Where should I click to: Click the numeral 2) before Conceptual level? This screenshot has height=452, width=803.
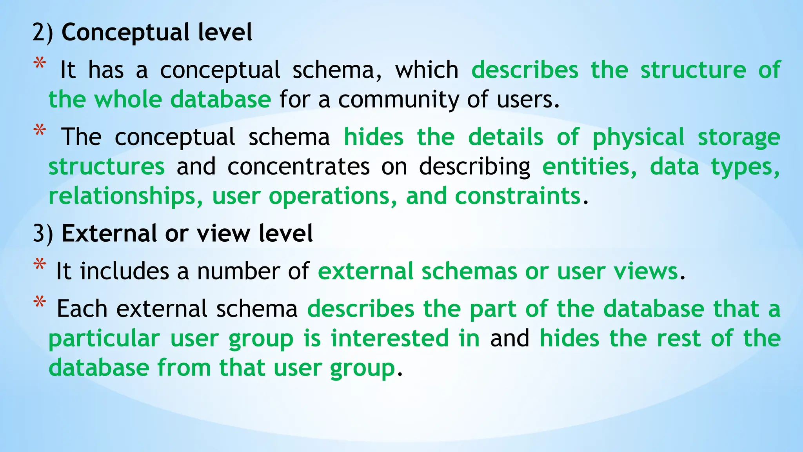[42, 33]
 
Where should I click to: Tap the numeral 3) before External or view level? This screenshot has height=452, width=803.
[42, 234]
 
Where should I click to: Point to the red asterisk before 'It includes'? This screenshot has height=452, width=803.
[40, 265]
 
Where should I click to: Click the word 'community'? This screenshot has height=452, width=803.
[398, 100]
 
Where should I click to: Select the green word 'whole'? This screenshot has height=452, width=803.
[128, 100]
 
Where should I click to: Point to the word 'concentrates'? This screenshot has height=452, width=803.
[298, 167]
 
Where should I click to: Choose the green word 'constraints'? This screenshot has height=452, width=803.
[518, 196]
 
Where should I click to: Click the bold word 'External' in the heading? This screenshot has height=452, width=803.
[109, 234]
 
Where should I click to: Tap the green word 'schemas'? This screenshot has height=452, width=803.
[469, 272]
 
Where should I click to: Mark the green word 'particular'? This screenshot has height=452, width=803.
[104, 339]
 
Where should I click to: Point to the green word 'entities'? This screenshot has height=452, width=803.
[589, 167]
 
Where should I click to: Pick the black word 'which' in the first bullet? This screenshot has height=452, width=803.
[427, 71]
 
